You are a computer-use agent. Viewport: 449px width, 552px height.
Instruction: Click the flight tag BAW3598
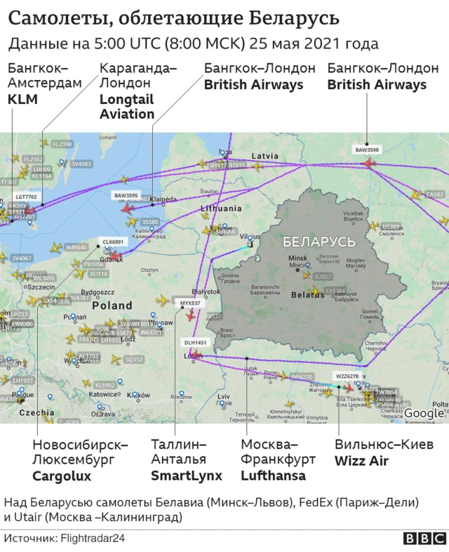pyautogui.click(x=367, y=150)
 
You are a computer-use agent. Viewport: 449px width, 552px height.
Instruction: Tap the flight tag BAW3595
pyautogui.click(x=126, y=195)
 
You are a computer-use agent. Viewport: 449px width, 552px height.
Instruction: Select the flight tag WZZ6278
pyautogui.click(x=347, y=376)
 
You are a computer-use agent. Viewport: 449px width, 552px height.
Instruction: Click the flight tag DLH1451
pyautogui.click(x=196, y=343)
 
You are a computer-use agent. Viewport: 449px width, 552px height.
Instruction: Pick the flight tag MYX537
pyautogui.click(x=190, y=303)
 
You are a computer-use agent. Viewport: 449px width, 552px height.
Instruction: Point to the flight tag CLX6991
pyautogui.click(x=113, y=242)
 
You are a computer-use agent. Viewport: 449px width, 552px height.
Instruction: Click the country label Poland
pyautogui.click(x=112, y=305)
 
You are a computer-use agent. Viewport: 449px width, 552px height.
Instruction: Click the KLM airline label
pyautogui.click(x=22, y=100)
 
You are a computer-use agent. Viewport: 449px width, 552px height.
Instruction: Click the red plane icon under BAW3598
pyautogui.click(x=368, y=163)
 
